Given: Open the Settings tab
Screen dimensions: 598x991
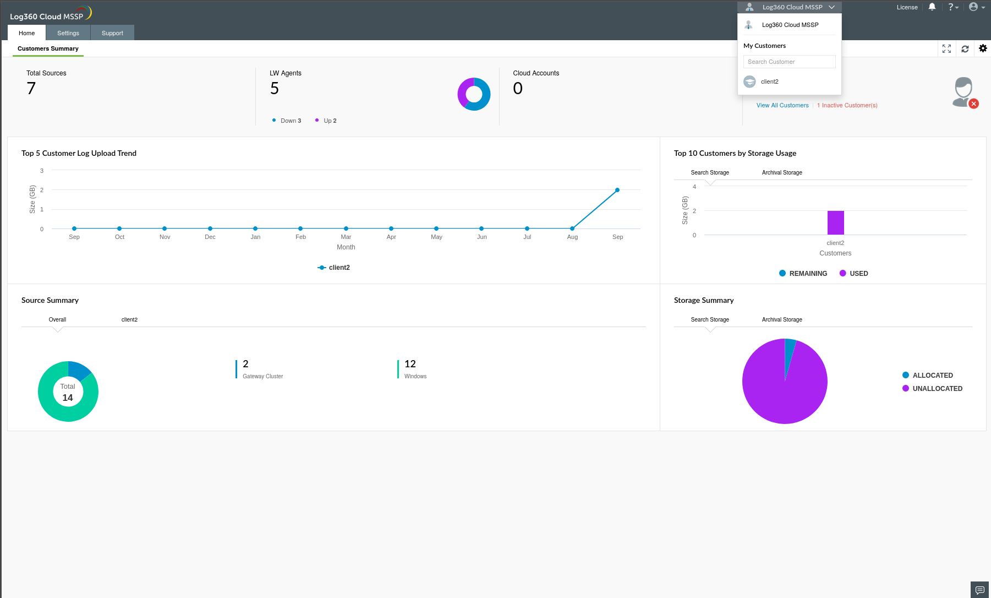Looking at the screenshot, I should click(68, 33).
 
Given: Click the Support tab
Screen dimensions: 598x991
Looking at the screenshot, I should click(112, 33).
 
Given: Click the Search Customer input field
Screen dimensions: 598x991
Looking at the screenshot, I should click(789, 62).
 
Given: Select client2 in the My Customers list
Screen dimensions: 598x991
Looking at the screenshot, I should click(769, 81).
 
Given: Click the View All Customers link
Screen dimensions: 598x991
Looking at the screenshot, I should click(782, 105).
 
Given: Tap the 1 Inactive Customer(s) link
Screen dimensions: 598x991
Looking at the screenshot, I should click(847, 105).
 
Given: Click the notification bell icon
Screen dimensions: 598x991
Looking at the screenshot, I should click(932, 7).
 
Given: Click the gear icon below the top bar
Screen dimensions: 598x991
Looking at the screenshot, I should click(983, 48).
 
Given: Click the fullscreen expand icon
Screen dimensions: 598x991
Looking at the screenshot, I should click(946, 48).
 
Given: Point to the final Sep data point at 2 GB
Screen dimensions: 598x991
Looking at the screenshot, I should click(617, 190).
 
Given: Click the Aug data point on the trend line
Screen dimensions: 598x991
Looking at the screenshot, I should click(572, 229).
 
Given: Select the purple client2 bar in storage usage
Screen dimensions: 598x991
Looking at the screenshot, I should click(835, 222).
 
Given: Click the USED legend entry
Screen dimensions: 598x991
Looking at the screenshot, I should click(854, 274).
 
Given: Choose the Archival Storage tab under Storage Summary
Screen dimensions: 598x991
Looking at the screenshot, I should click(782, 319).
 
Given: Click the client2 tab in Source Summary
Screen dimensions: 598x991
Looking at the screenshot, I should click(129, 319).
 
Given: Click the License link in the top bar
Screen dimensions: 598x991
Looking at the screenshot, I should click(907, 7).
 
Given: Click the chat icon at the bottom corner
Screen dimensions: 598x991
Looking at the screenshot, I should click(979, 590).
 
